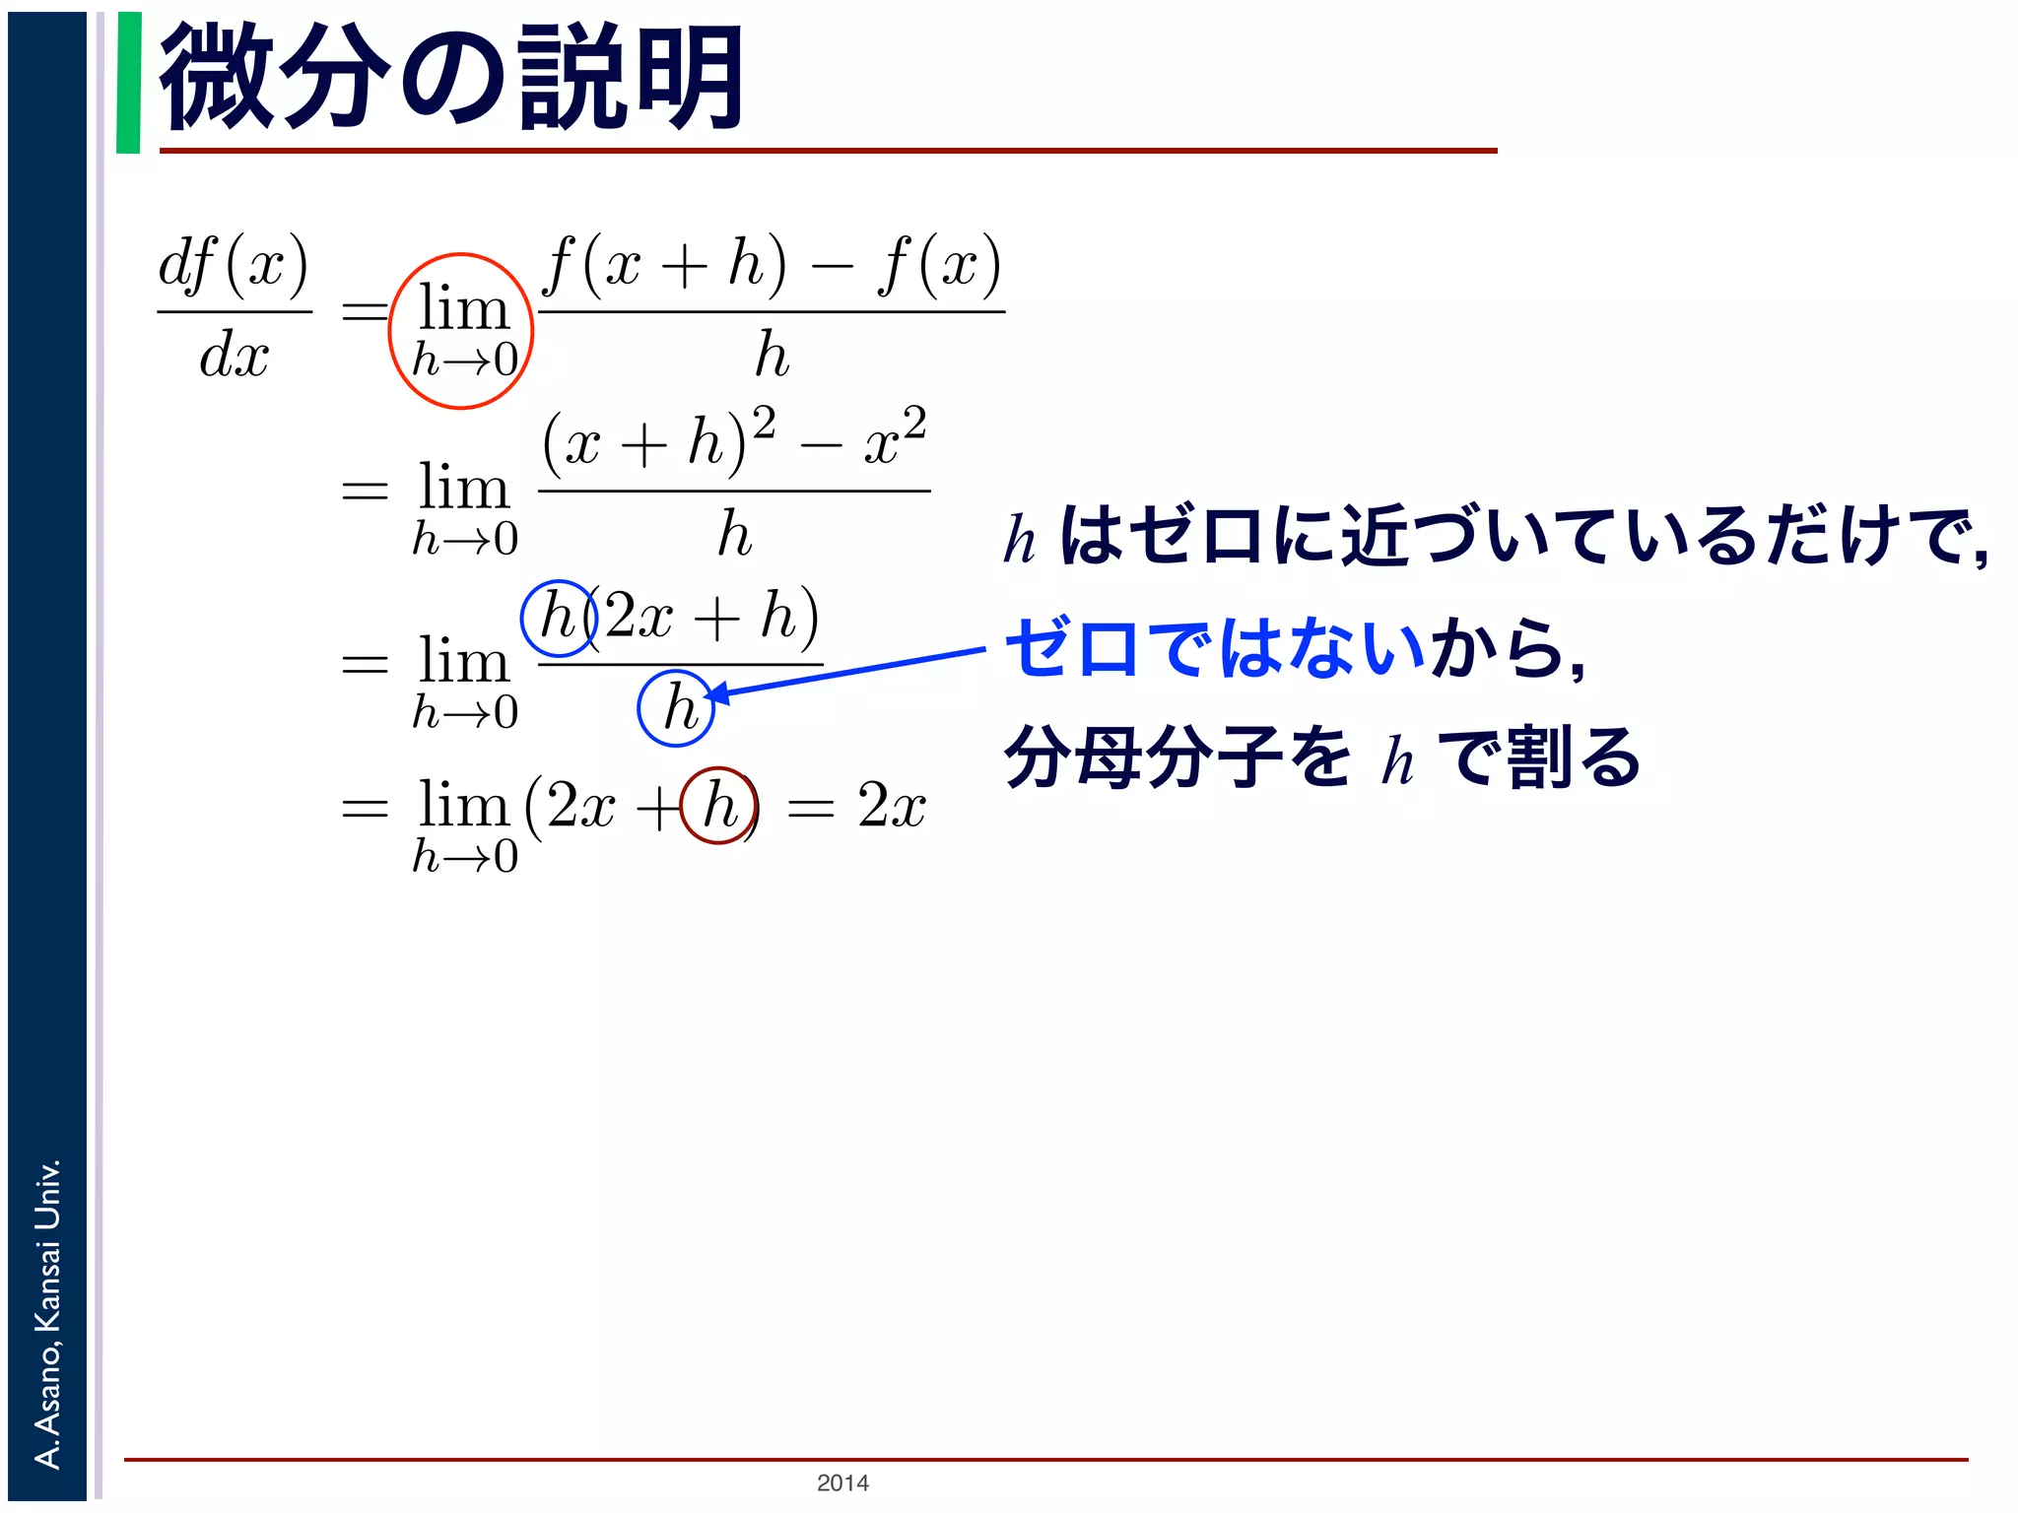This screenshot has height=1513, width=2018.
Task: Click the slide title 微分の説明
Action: [x=451, y=79]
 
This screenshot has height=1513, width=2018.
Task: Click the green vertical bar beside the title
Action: [x=128, y=83]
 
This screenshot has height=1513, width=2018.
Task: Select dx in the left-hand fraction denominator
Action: [x=234, y=355]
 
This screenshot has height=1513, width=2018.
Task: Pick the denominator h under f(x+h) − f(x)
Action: [x=772, y=355]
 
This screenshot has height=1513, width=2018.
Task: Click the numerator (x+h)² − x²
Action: [x=734, y=438]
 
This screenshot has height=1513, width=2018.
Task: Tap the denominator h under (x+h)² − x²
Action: [x=734, y=534]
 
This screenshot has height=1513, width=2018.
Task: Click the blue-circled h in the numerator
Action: [x=559, y=618]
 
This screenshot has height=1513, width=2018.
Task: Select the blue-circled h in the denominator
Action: [x=677, y=707]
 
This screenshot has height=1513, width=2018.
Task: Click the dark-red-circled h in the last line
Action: [x=719, y=806]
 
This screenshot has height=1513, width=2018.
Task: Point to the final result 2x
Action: [x=892, y=806]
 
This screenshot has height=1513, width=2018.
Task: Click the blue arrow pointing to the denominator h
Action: [x=847, y=673]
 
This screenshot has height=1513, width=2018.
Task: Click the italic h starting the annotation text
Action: [x=1020, y=540]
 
